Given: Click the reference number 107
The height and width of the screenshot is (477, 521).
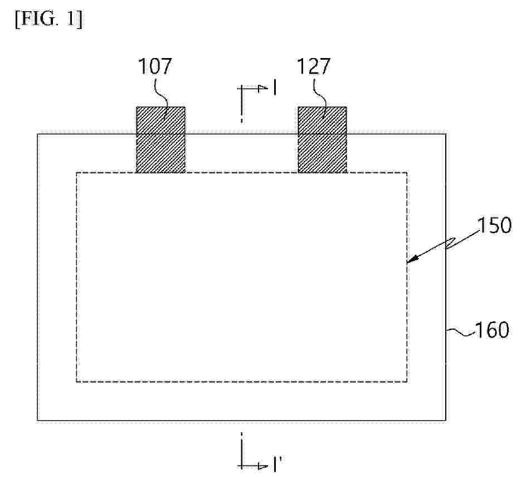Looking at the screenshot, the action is pos(155,66).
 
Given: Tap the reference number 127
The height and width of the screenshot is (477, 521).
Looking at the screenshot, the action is pos(313,66).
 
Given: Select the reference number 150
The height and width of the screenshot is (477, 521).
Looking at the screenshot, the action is pos(494,225).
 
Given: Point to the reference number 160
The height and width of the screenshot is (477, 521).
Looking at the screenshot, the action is pos(492,330).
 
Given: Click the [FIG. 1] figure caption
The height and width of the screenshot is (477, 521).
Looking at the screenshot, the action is pos(49,20).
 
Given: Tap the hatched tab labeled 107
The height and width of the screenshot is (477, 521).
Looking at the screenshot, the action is pos(161,139).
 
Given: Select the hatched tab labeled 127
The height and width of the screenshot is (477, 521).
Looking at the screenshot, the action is pos(322,139).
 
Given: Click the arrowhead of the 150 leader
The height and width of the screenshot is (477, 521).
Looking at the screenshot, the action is pos(411,260).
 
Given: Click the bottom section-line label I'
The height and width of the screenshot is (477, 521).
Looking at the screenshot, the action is pos(277,465).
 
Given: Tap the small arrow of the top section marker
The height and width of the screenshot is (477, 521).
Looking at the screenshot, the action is pos(263,88).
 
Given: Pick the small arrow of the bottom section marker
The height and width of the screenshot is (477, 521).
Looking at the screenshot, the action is pos(263,466).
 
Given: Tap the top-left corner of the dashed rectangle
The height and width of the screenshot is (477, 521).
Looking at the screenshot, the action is pos(77,172).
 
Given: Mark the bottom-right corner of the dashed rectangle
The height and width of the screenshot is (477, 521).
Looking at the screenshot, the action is pos(407,382).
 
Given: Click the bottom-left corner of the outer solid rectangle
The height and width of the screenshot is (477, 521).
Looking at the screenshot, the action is pos(37,421).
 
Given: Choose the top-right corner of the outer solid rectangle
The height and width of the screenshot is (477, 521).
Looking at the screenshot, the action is pos(446,134).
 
